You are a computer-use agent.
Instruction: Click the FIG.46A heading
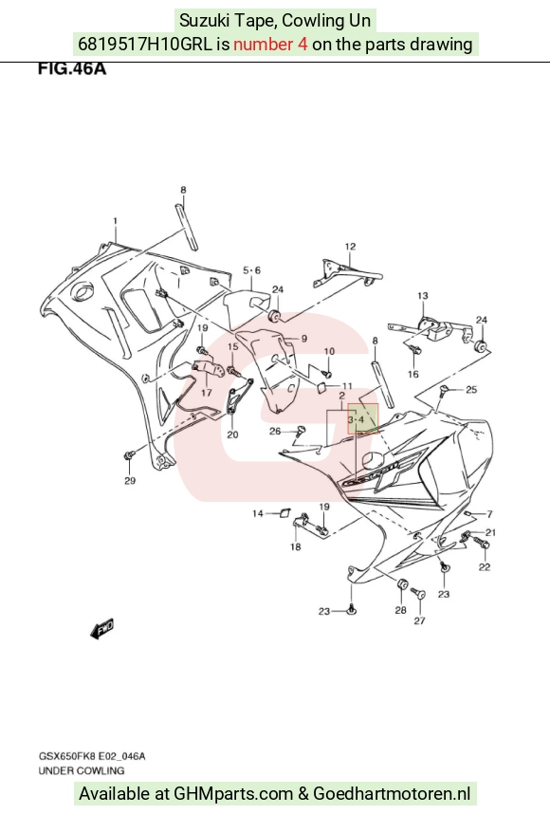(x=72, y=68)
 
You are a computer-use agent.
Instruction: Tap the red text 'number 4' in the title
(x=270, y=45)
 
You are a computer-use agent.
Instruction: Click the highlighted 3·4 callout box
(x=362, y=418)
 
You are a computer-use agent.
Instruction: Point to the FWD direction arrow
(x=101, y=629)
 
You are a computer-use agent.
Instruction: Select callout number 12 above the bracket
(x=350, y=246)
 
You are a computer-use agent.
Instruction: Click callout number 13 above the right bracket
(x=423, y=295)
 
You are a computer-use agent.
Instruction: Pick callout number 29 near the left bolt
(x=130, y=481)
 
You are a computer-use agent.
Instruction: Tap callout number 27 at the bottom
(x=419, y=620)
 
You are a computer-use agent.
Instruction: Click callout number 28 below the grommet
(x=400, y=610)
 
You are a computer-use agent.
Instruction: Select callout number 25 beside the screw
(x=471, y=389)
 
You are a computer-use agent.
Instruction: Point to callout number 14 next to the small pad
(x=258, y=513)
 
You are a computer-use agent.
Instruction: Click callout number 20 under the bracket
(x=232, y=435)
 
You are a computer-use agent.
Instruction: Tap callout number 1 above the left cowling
(x=115, y=221)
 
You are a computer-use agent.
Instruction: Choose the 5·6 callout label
(x=251, y=270)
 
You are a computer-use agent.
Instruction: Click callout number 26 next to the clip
(x=275, y=431)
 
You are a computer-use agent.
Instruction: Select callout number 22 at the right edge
(x=485, y=567)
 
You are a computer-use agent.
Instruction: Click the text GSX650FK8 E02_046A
(x=92, y=756)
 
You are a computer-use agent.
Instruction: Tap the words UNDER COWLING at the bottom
(x=82, y=770)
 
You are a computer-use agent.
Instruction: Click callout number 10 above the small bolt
(x=329, y=351)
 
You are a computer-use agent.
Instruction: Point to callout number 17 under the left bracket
(x=207, y=393)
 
